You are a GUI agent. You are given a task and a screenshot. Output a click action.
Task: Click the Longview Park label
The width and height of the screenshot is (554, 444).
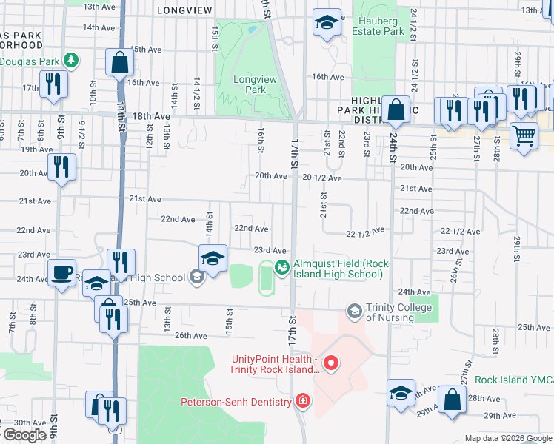250,84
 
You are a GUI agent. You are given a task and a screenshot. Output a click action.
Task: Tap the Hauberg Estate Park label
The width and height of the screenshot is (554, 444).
378,26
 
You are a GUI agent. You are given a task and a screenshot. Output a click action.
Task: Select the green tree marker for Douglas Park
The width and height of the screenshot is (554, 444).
70,58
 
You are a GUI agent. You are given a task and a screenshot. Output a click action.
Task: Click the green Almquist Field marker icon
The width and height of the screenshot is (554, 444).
281,268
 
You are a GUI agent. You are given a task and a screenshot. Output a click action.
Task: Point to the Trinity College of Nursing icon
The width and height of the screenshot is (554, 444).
355,309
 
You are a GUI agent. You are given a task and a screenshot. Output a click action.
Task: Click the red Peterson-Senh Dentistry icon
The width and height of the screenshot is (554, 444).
301,402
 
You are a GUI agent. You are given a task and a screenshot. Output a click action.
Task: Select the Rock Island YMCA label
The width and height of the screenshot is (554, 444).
514,380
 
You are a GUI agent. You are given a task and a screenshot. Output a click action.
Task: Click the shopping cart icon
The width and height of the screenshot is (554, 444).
524,136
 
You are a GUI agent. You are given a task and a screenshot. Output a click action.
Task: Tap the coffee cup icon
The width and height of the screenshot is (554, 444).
61,272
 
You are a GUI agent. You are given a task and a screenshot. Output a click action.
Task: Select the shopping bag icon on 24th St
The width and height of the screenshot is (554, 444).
397,110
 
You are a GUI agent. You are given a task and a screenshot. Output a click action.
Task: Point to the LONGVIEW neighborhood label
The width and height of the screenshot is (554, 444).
184,10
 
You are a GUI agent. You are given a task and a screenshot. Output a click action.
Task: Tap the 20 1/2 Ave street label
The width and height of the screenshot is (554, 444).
322,178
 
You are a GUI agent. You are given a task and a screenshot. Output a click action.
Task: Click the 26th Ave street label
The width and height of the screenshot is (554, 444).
191,335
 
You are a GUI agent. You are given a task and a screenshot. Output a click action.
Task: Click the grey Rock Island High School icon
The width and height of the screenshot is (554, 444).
196,277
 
